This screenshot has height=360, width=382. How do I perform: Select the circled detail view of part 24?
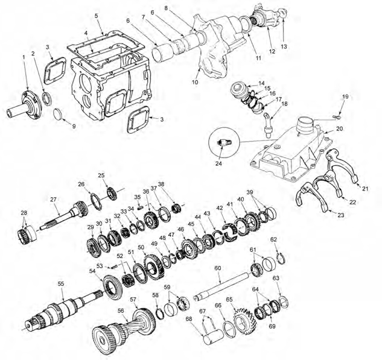(225, 144)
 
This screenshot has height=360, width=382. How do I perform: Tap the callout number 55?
(60, 283)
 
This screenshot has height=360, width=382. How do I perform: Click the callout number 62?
(273, 239)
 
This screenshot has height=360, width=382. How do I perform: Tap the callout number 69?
(272, 326)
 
